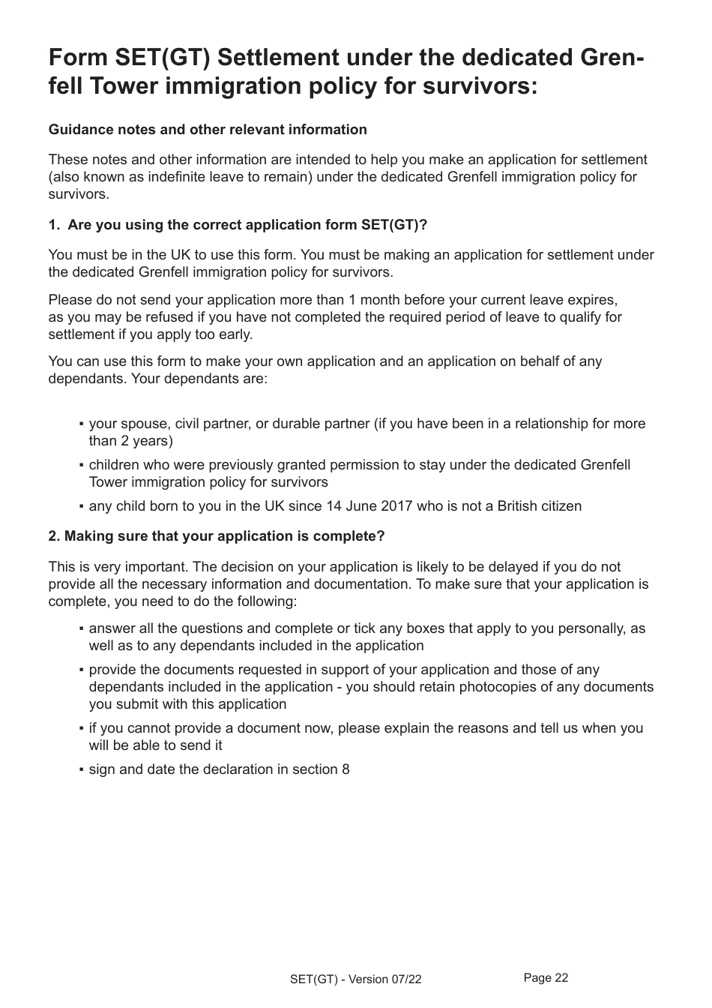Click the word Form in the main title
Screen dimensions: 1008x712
76,58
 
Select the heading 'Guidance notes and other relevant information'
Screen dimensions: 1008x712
208,130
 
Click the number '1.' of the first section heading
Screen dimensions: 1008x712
54,225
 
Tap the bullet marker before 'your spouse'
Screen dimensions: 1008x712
81,424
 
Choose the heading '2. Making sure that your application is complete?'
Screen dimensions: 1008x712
217,536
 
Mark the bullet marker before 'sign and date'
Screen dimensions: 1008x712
81,770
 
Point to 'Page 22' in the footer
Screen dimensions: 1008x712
546,977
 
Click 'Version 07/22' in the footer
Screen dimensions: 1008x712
385,979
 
